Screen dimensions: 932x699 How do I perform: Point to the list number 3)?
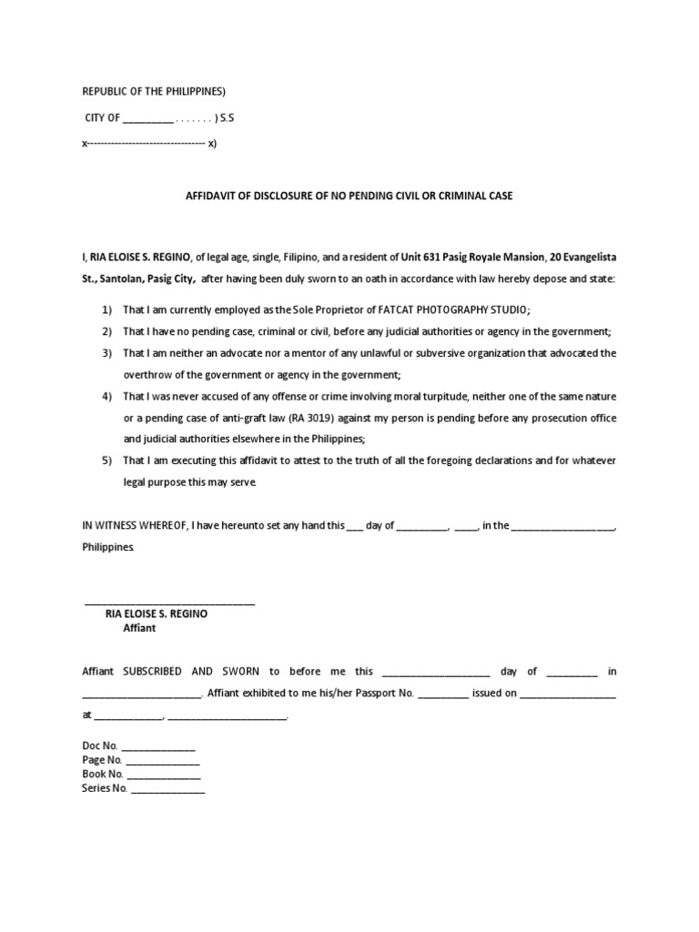pos(106,352)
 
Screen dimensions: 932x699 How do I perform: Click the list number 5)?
pos(106,461)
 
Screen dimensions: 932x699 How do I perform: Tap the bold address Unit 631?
pos(422,258)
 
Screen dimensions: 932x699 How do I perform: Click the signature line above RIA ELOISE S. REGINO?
pos(169,603)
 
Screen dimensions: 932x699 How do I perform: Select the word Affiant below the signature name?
pos(139,628)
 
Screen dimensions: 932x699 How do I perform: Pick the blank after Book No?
pos(164,775)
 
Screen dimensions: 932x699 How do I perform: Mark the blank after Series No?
pos(168,789)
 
